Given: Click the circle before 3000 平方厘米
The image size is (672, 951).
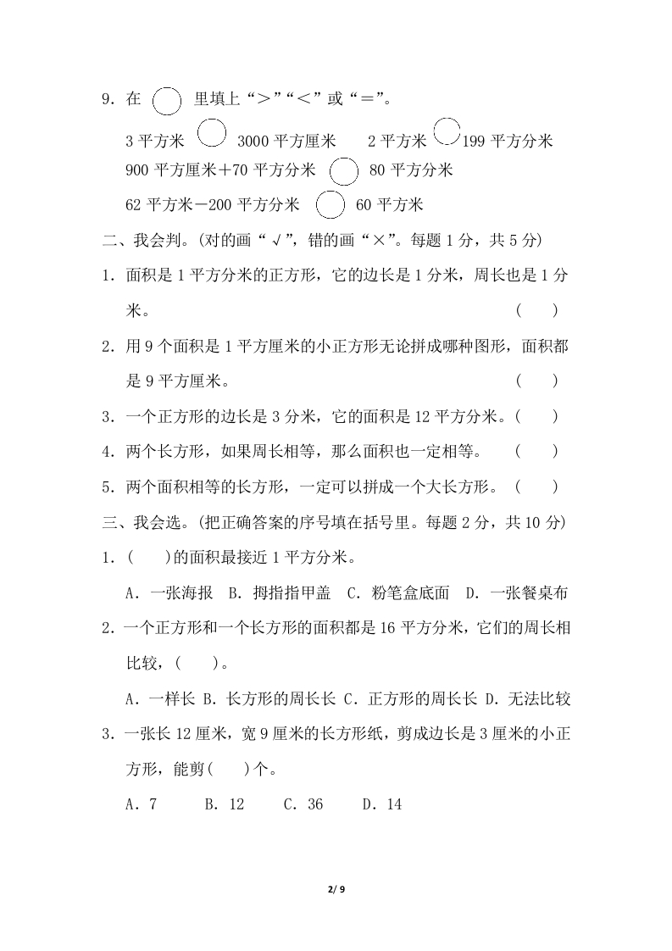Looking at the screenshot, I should [212, 134].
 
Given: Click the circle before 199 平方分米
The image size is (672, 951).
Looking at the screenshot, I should [447, 133].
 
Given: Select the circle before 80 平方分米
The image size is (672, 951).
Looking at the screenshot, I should [343, 170].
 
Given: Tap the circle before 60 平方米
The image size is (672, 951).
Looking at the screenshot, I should [330, 204].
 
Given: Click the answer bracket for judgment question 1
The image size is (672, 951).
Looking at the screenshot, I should [536, 310].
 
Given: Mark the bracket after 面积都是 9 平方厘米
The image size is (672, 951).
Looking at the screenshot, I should [536, 381].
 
